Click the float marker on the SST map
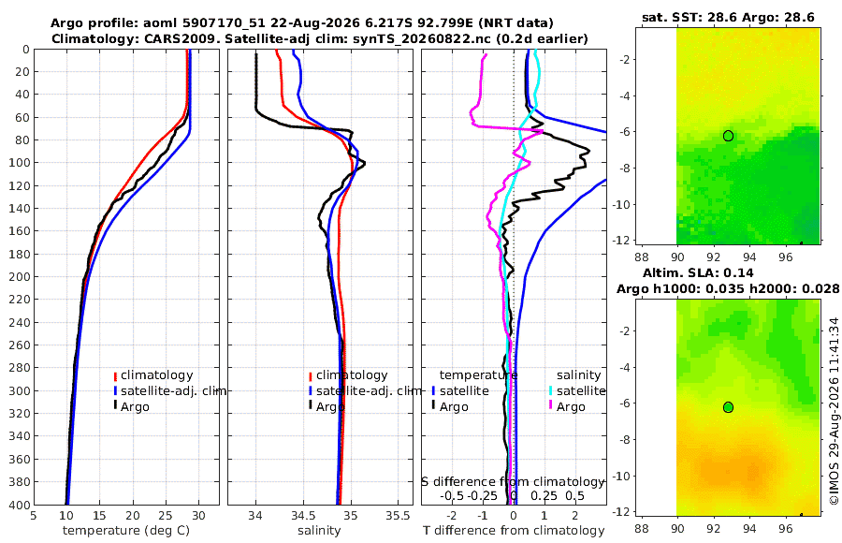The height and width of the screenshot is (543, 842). [728, 136]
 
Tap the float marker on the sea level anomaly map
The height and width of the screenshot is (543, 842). [728, 407]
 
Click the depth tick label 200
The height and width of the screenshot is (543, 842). [20, 276]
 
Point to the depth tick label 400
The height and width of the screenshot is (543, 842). [20, 505]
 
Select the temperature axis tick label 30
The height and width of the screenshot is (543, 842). [198, 516]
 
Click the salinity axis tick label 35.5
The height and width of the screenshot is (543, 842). [398, 516]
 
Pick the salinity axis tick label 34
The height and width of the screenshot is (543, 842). [255, 516]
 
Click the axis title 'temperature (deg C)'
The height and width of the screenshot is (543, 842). [126, 531]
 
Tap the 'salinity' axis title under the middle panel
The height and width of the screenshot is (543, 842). [319, 531]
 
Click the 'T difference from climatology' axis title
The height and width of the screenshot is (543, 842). [514, 531]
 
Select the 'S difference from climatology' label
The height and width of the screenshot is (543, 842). [513, 482]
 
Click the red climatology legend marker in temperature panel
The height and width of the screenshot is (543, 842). [115, 375]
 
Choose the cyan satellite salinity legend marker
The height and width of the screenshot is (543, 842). [550, 390]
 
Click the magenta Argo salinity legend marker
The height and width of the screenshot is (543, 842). [550, 405]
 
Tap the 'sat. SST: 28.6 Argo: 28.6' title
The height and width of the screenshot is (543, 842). [728, 17]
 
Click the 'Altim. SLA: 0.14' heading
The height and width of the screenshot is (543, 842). [698, 272]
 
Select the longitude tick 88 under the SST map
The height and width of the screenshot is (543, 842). [642, 257]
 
